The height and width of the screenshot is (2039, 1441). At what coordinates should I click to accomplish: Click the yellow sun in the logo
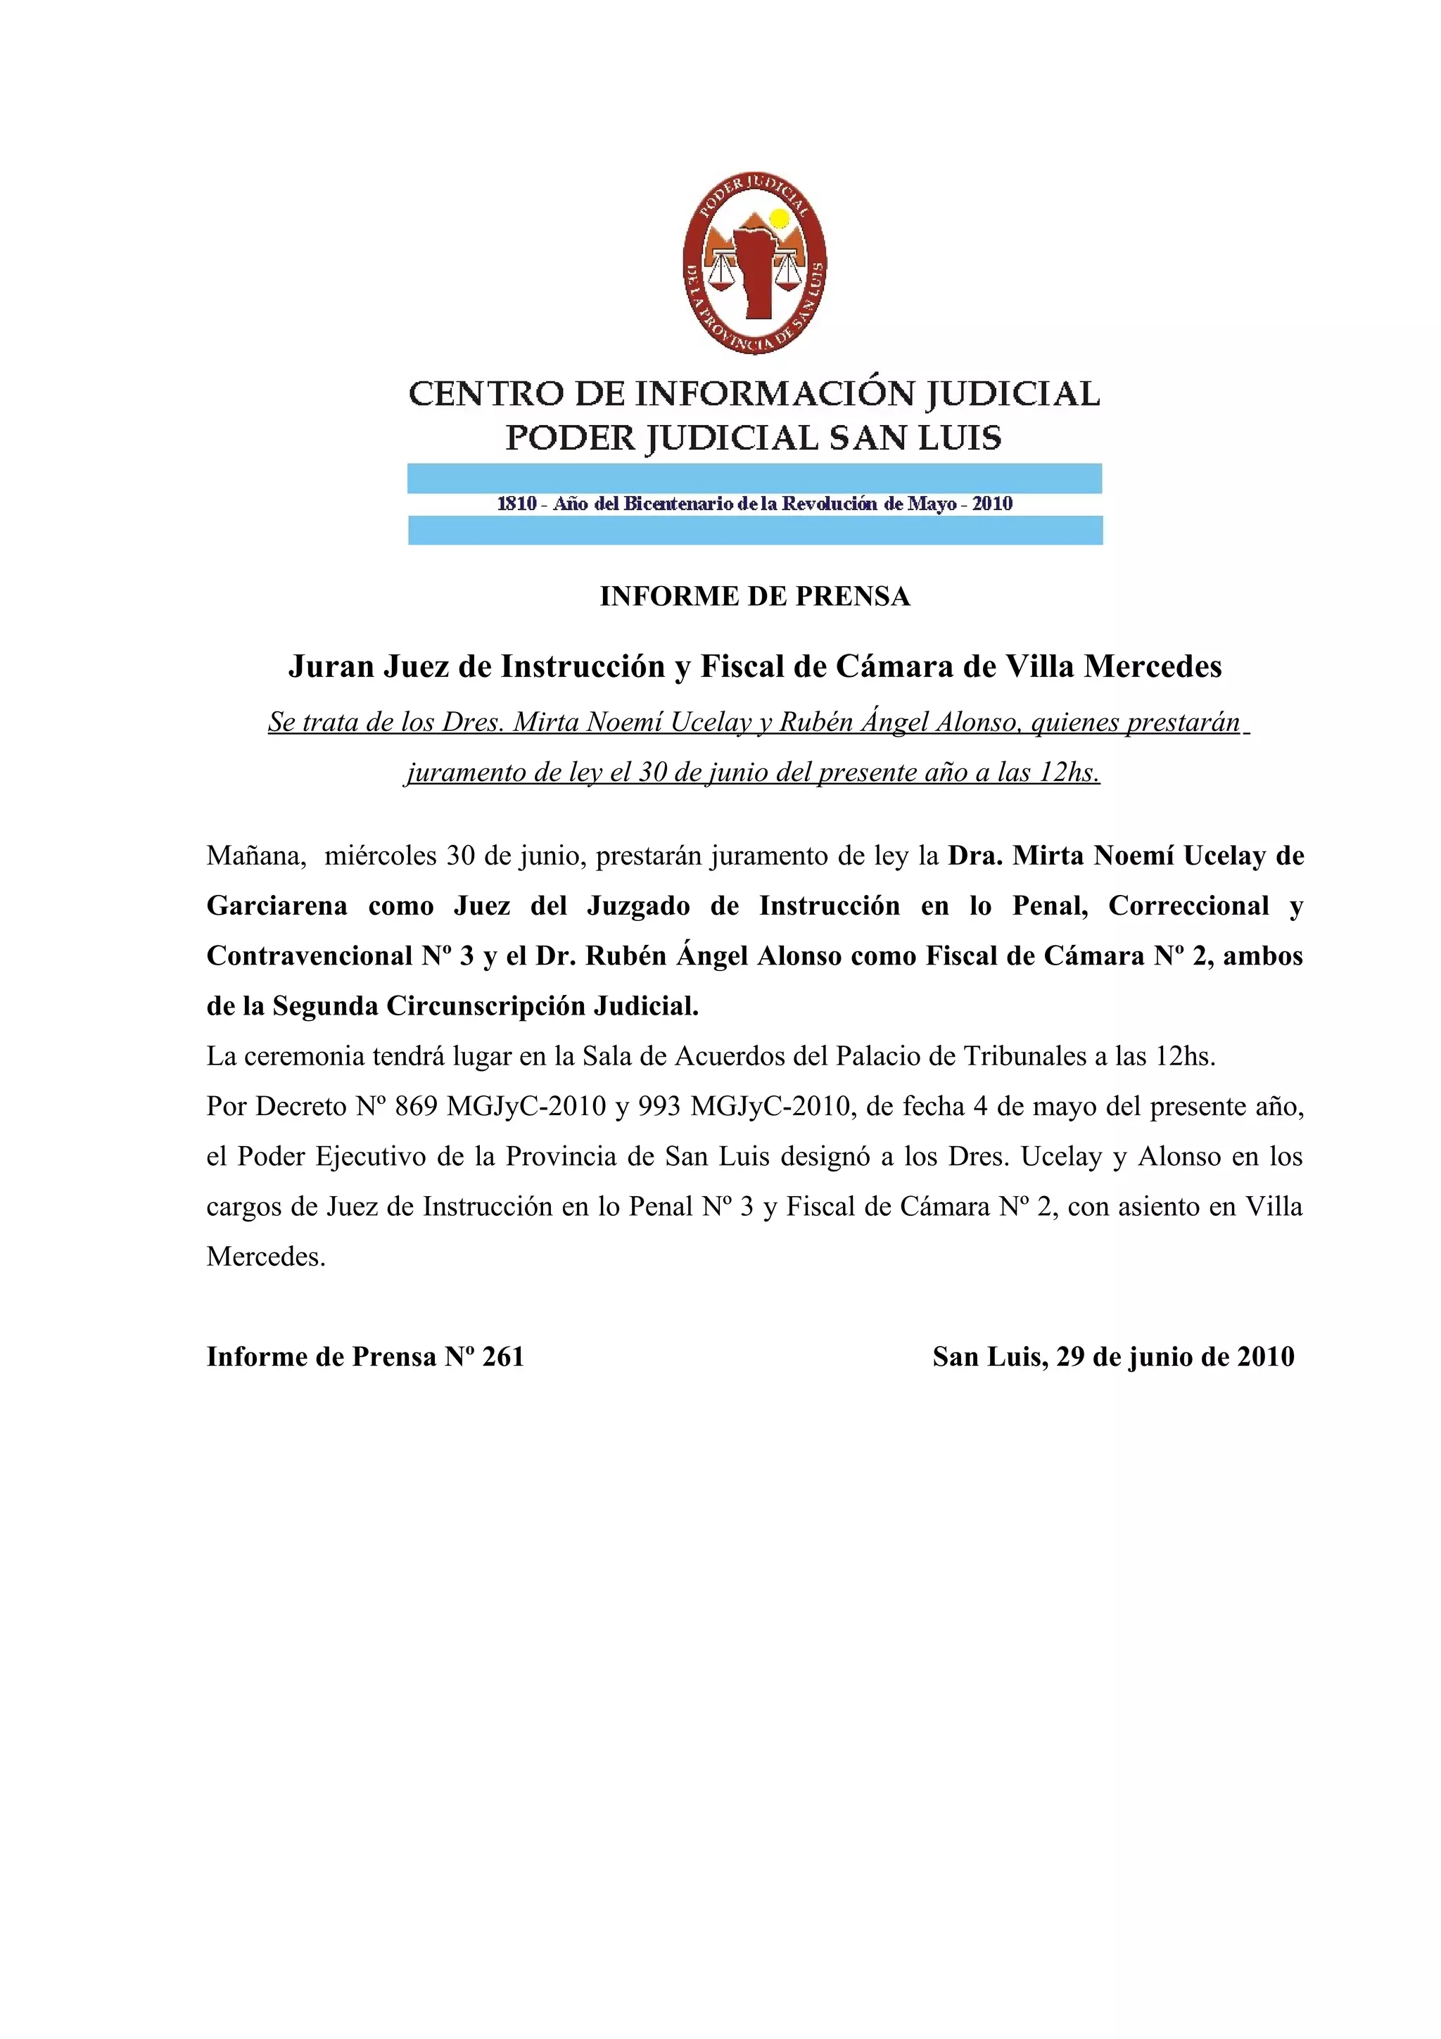[x=779, y=218]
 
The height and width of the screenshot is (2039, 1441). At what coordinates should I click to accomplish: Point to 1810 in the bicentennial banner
[x=516, y=504]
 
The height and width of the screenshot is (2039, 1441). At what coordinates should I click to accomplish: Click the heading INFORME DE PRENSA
[x=755, y=596]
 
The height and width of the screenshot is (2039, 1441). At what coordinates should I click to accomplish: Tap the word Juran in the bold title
[x=331, y=666]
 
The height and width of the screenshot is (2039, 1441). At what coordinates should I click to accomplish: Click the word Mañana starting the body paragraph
[x=257, y=856]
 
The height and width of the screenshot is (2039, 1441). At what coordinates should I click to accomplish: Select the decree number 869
[x=417, y=1107]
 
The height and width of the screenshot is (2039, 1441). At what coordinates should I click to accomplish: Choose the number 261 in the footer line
[x=503, y=1357]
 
